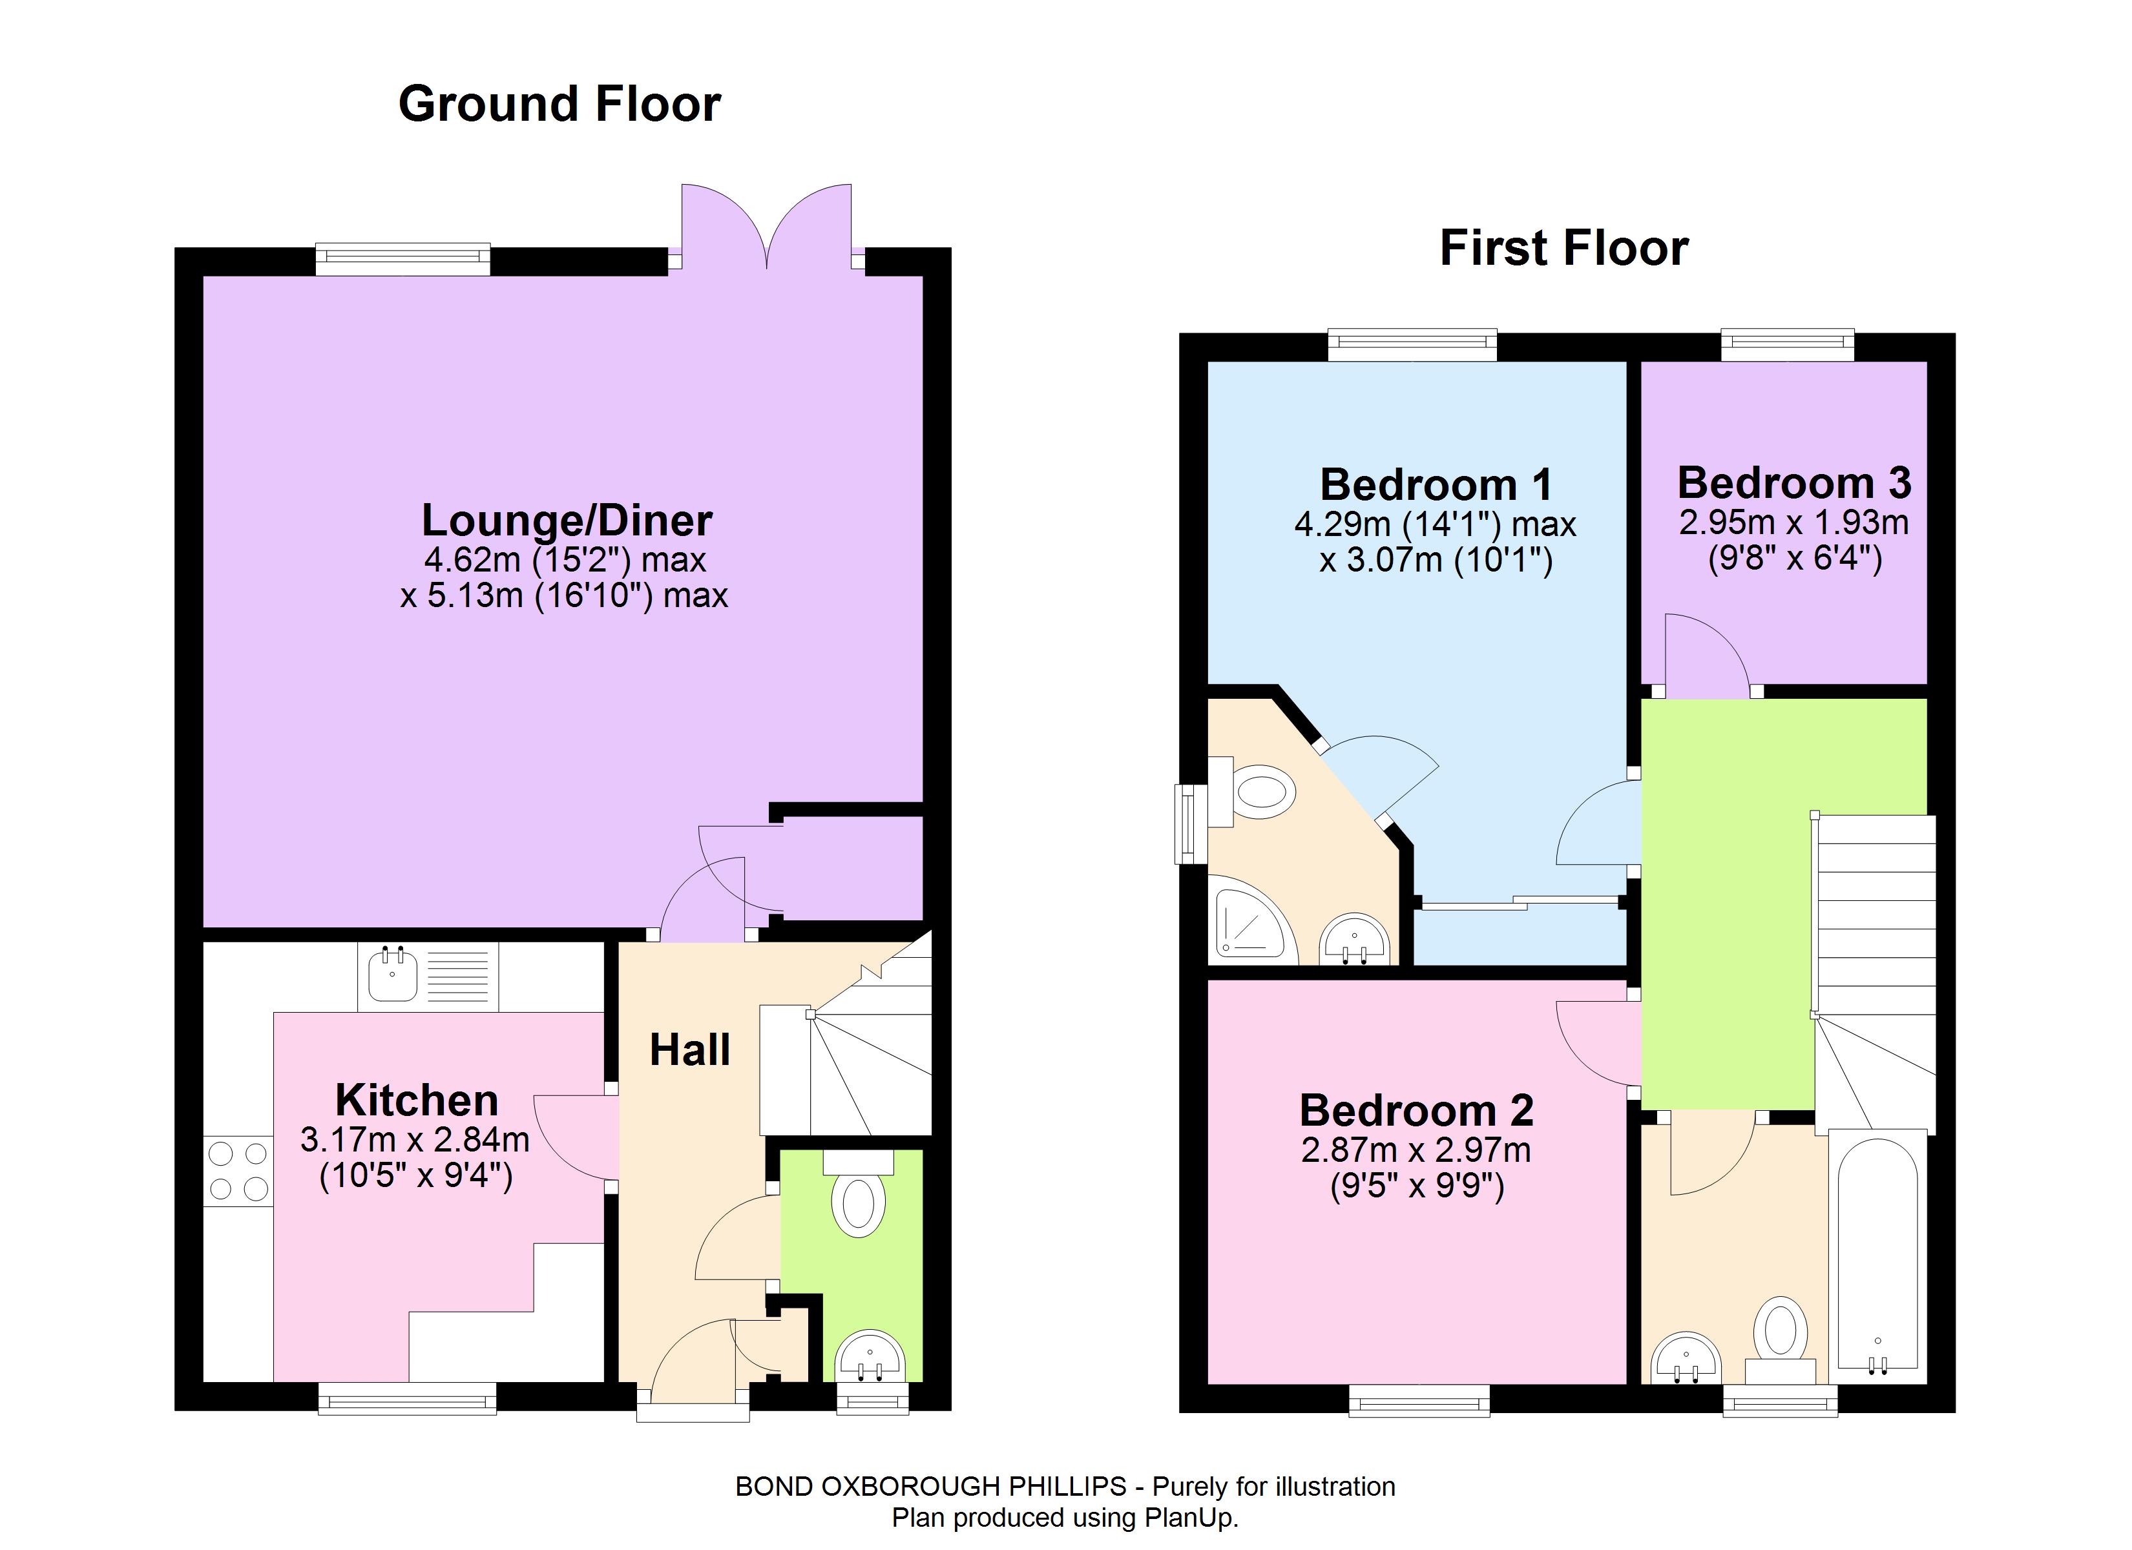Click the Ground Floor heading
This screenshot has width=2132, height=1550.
pyautogui.click(x=559, y=103)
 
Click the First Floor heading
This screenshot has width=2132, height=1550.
pyautogui.click(x=1564, y=248)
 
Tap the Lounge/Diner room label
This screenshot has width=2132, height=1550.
pyautogui.click(x=567, y=520)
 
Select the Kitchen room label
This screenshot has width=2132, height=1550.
pyautogui.click(x=417, y=1100)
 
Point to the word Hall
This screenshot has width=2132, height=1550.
pyautogui.click(x=690, y=1050)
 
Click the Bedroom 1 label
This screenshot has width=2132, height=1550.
pyautogui.click(x=1436, y=485)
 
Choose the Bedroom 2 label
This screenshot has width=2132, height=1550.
pyautogui.click(x=1417, y=1110)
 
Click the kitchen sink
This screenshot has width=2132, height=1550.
pyautogui.click(x=428, y=976)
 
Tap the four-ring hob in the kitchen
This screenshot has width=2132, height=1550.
pyautogui.click(x=238, y=1170)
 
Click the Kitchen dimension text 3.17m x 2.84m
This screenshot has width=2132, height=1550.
pyautogui.click(x=415, y=1140)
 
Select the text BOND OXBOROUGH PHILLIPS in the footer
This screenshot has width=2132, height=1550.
pyautogui.click(x=930, y=1486)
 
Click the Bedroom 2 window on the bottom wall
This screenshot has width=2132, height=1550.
pyautogui.click(x=1419, y=1400)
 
